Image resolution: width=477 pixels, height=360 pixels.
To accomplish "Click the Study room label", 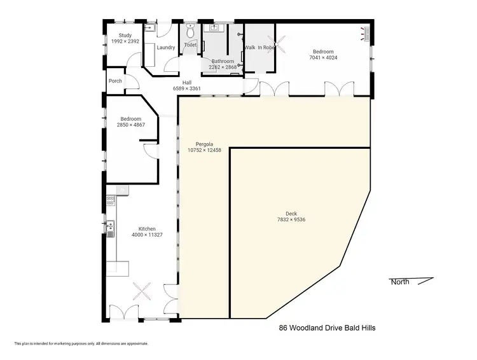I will click(120, 36).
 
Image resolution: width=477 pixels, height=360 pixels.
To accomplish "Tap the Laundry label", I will click(166, 48).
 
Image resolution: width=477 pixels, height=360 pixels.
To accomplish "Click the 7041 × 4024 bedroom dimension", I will click(324, 58).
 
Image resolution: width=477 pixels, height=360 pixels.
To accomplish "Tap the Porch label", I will click(115, 81).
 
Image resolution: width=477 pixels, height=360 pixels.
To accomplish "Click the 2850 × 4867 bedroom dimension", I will click(131, 125).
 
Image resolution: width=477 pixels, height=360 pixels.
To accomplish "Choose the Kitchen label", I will click(148, 229).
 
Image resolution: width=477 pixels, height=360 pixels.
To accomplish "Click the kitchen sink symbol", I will click(111, 226).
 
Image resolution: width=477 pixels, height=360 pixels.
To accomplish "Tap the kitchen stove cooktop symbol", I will click(111, 200).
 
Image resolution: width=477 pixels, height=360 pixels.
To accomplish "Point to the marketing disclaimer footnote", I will click(81, 343).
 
